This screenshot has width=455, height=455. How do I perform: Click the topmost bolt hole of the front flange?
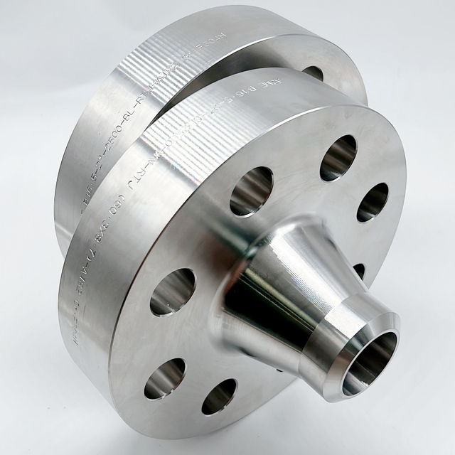pyautogui.click(x=338, y=156)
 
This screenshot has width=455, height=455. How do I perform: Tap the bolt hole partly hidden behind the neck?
pyautogui.click(x=360, y=270)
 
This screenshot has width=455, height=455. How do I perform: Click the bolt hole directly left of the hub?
pyautogui.click(x=172, y=291)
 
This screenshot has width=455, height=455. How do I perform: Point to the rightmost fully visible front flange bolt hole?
pyautogui.click(x=373, y=202)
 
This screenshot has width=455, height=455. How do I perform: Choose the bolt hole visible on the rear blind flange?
pyautogui.click(x=313, y=73)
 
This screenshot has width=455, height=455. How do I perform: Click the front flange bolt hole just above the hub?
pyautogui.click(x=251, y=191)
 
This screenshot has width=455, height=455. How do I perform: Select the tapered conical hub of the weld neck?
pyautogui.click(x=284, y=284)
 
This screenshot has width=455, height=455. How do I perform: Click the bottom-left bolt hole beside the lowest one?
pyautogui.click(x=164, y=378)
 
